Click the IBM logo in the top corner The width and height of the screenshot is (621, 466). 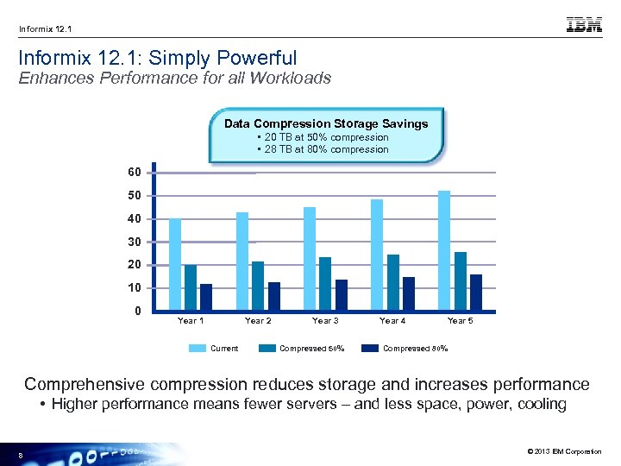(584, 26)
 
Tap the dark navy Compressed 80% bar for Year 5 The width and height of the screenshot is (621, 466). (476, 293)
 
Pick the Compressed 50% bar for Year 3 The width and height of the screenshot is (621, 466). (325, 284)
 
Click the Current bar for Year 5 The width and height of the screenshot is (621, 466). (444, 250)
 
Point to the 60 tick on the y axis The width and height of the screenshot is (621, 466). (134, 173)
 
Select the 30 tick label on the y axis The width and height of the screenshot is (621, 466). (134, 242)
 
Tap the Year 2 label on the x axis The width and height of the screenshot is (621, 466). (258, 321)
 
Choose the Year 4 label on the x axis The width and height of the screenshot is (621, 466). (392, 321)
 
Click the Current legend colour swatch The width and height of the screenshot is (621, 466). (197, 349)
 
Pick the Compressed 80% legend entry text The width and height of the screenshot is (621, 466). (415, 349)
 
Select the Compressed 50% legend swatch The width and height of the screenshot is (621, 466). (266, 349)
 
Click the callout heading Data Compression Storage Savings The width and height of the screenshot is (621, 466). (326, 123)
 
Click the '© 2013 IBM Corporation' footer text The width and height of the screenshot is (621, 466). (561, 452)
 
